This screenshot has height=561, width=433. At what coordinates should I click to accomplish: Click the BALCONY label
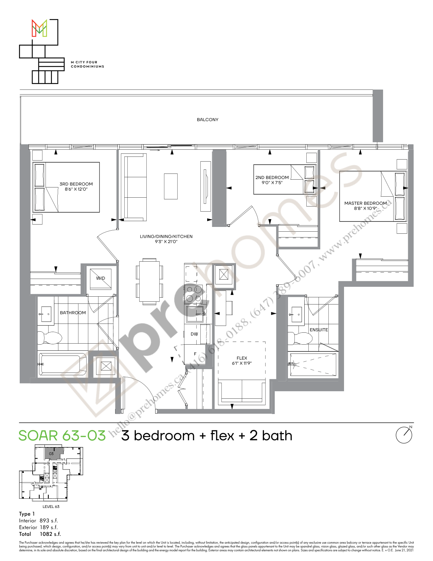208,120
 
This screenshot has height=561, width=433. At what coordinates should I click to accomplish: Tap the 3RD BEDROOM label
76,184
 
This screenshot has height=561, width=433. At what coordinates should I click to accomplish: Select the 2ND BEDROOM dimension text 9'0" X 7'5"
272,183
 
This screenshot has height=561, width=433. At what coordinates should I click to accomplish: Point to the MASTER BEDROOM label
365,203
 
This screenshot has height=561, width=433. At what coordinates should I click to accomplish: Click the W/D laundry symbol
101,278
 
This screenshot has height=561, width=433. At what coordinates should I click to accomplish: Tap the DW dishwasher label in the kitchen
194,334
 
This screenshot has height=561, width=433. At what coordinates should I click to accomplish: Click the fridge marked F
195,354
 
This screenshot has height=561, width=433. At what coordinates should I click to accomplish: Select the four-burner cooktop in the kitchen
194,294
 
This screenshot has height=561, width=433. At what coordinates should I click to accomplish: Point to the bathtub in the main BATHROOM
62,364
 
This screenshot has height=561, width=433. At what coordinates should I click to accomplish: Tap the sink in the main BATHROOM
46,314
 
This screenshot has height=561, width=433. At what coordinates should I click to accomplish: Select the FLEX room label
242,358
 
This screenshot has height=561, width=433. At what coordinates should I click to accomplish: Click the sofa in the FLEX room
242,391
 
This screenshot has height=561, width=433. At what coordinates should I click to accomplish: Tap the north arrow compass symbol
404,435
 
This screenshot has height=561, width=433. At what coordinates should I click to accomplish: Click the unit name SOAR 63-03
62,436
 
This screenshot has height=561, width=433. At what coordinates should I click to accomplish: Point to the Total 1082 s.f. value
50,534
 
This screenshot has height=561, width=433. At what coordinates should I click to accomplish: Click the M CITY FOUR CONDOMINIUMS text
87,64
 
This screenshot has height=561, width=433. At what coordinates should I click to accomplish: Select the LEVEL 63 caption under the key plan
51,507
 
